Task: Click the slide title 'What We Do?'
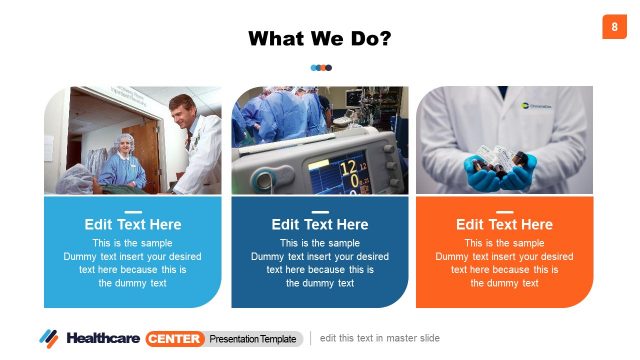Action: [x=319, y=39]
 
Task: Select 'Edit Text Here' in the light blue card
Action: [x=133, y=224]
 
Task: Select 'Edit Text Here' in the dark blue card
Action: [x=320, y=224]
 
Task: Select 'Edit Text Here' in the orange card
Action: [x=504, y=224]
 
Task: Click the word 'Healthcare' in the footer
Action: [x=103, y=338]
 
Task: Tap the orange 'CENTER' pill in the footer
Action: [x=175, y=338]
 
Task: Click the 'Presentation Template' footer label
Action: [x=253, y=339]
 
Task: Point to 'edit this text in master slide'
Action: [x=380, y=338]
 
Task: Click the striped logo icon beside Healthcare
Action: [x=49, y=338]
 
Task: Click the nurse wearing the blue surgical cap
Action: [x=126, y=149]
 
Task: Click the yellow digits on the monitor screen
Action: [x=351, y=172]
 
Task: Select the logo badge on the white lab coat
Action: [x=534, y=102]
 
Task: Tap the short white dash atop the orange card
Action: [x=504, y=211]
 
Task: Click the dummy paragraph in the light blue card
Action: [x=133, y=263]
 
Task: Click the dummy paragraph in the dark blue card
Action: [x=320, y=263]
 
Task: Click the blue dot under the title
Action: [x=314, y=68]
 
